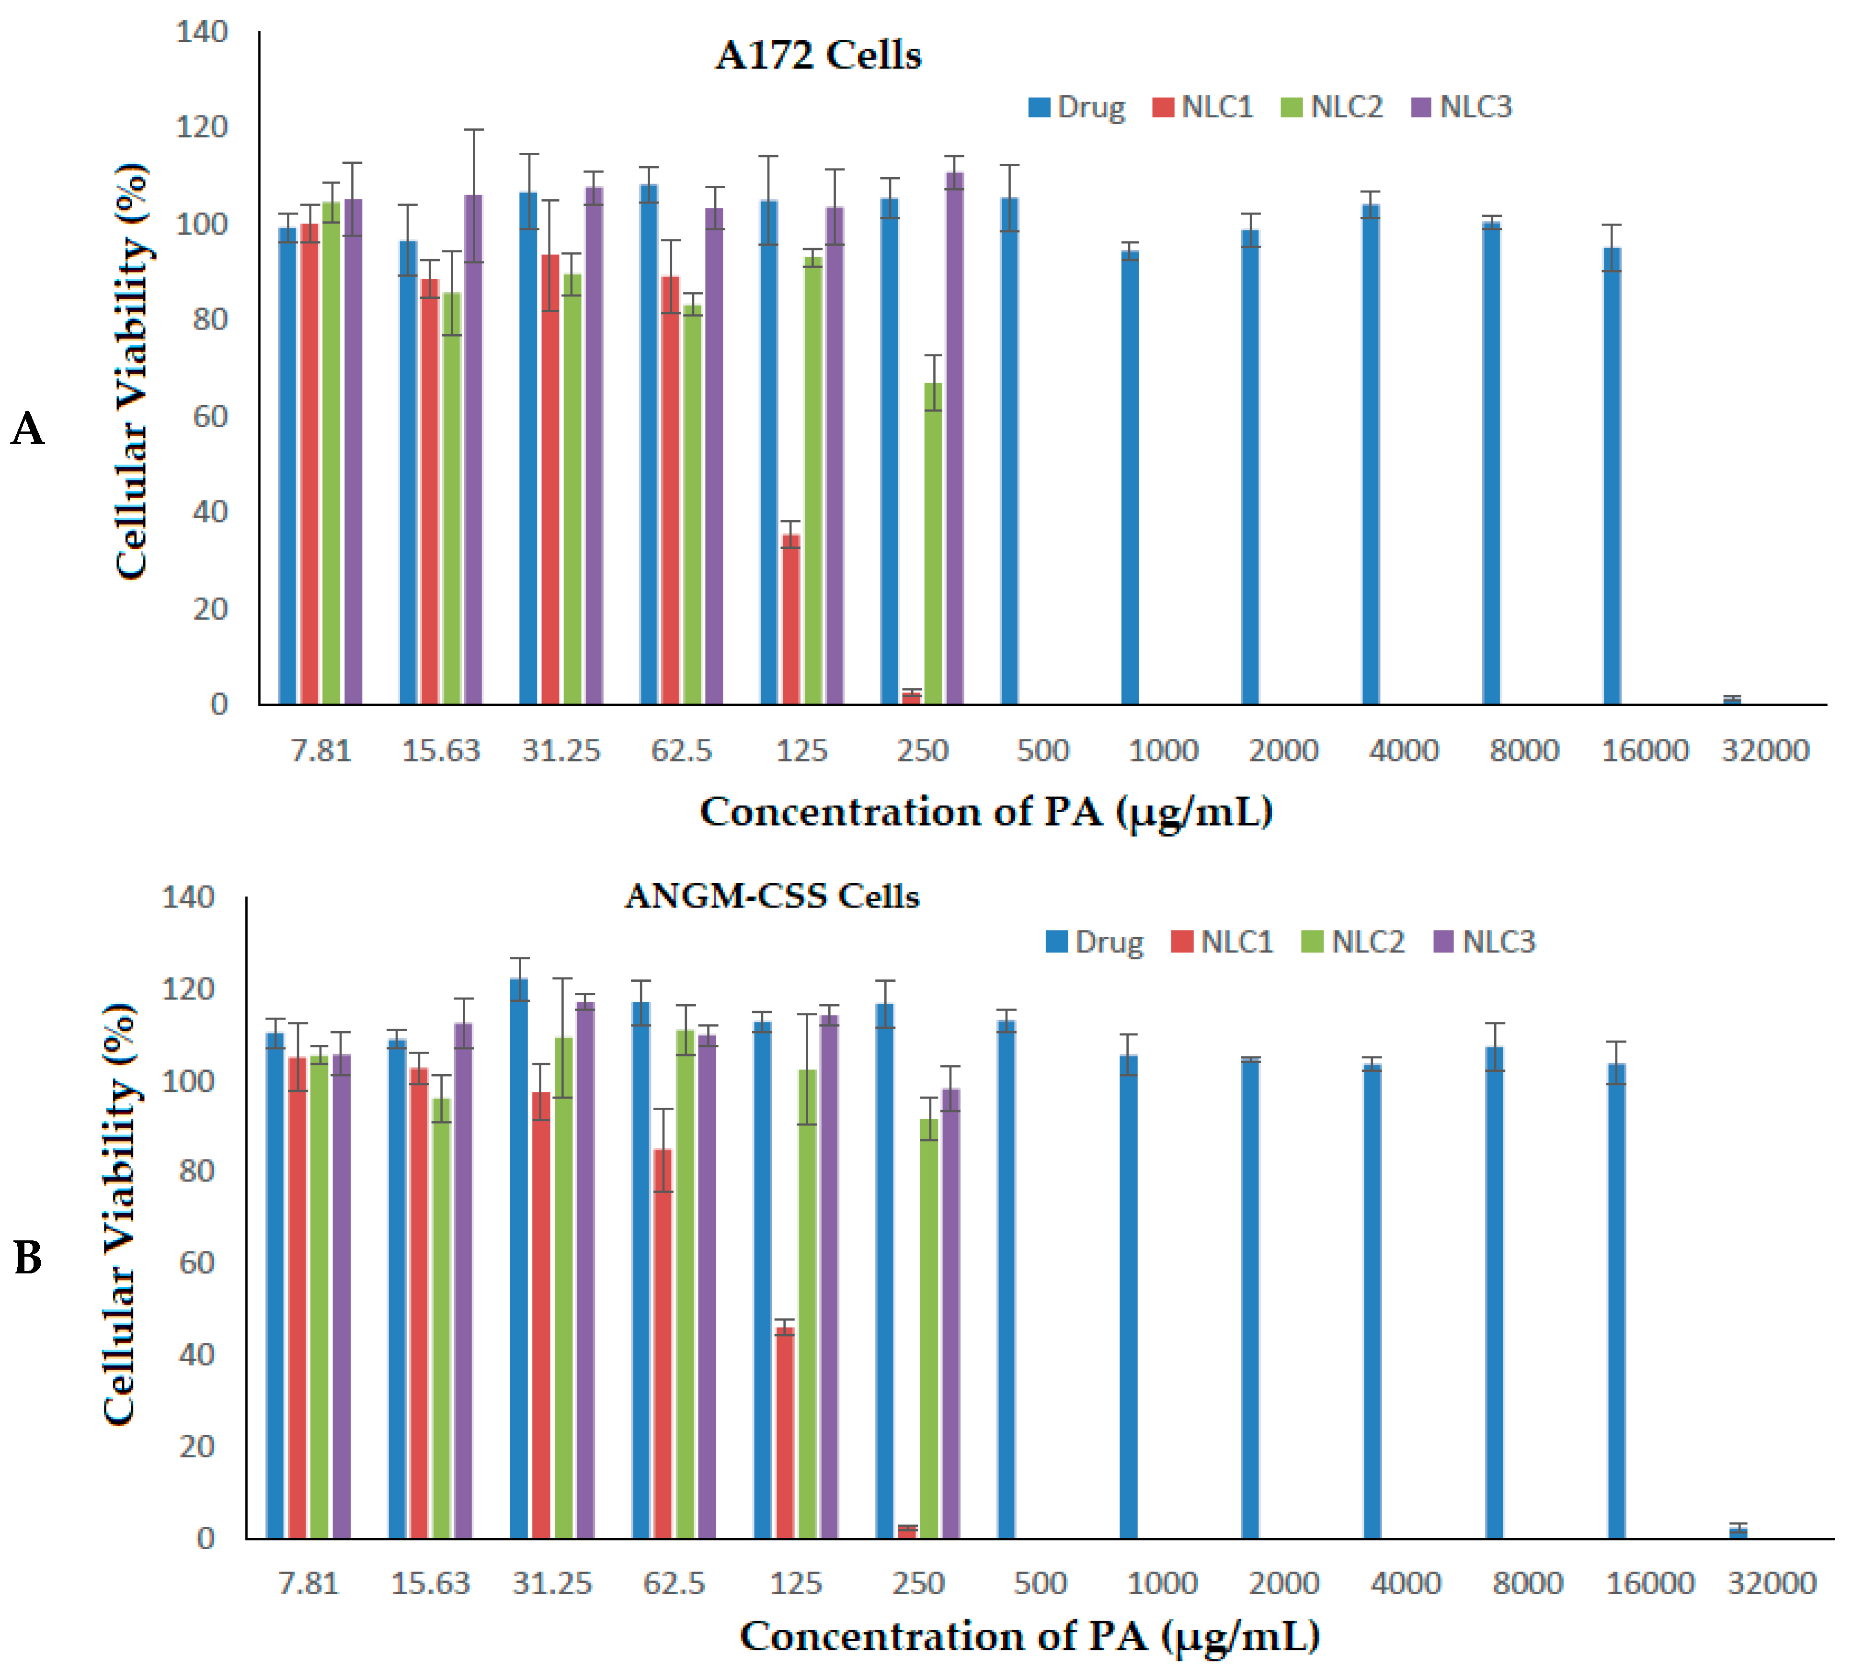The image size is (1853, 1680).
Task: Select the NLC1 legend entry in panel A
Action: click(1203, 108)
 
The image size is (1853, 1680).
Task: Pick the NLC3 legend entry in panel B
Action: click(1485, 942)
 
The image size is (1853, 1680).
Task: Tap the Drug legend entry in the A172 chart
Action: click(1077, 108)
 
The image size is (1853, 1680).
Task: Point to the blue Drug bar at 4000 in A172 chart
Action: click(1371, 455)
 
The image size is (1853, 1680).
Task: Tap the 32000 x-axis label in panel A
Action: click(1765, 751)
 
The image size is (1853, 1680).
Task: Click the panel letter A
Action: click(28, 428)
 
